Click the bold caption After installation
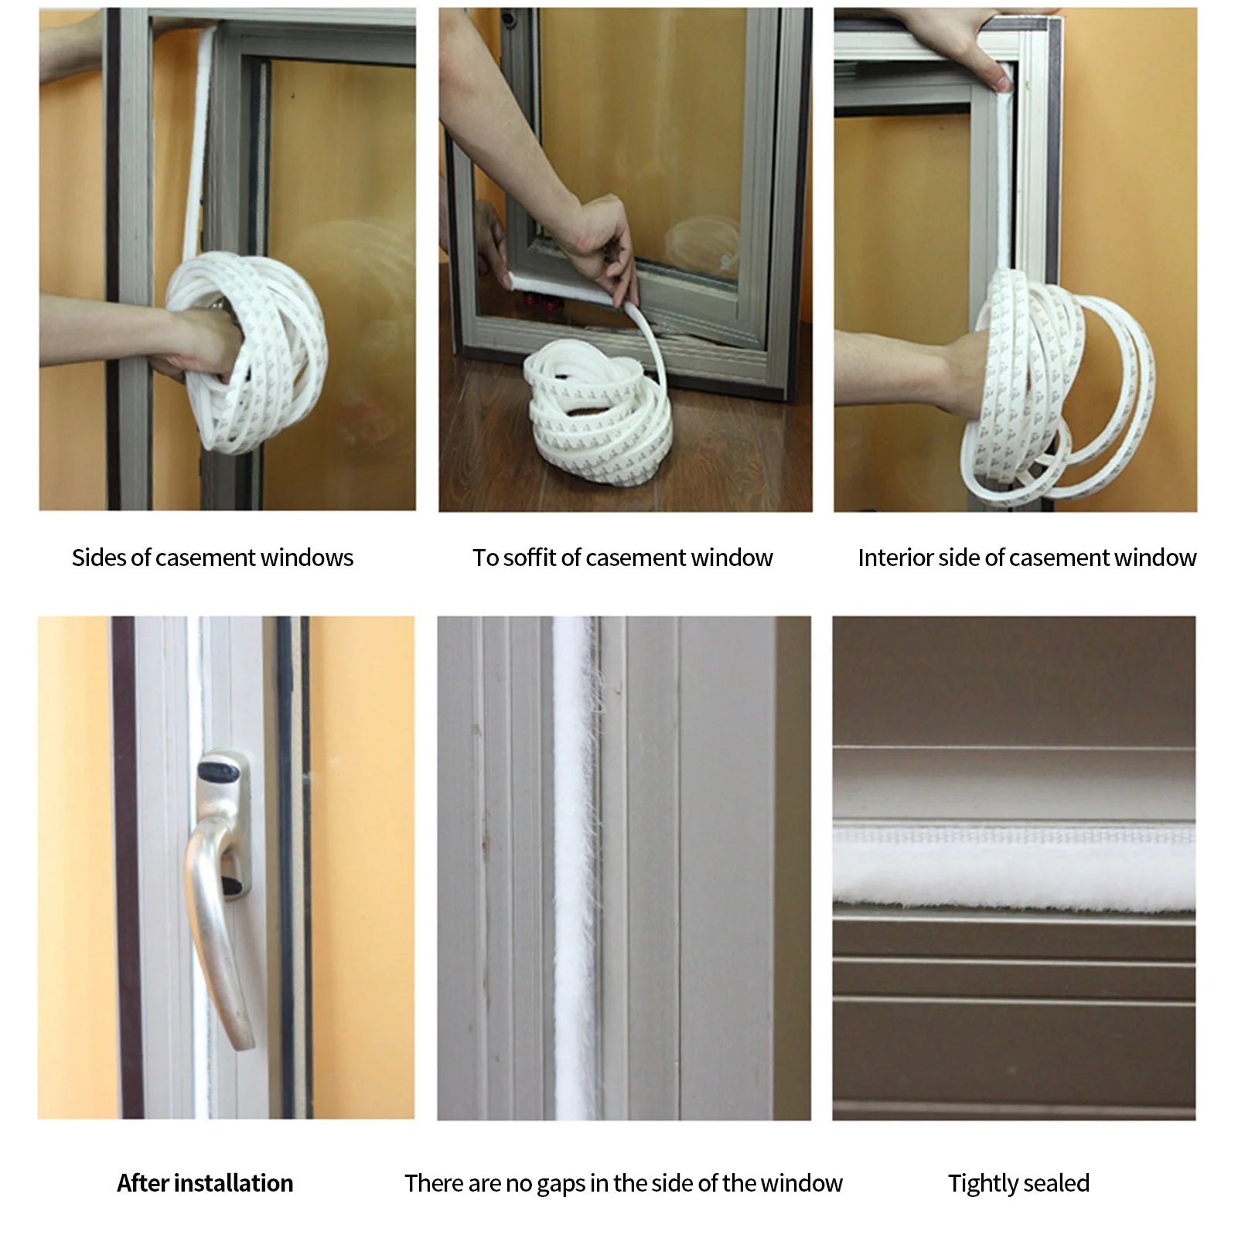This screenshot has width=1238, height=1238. pyautogui.click(x=205, y=1183)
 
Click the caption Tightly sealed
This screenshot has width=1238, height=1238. pyautogui.click(x=1018, y=1183)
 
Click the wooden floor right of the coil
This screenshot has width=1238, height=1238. pyautogui.click(x=742, y=448)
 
